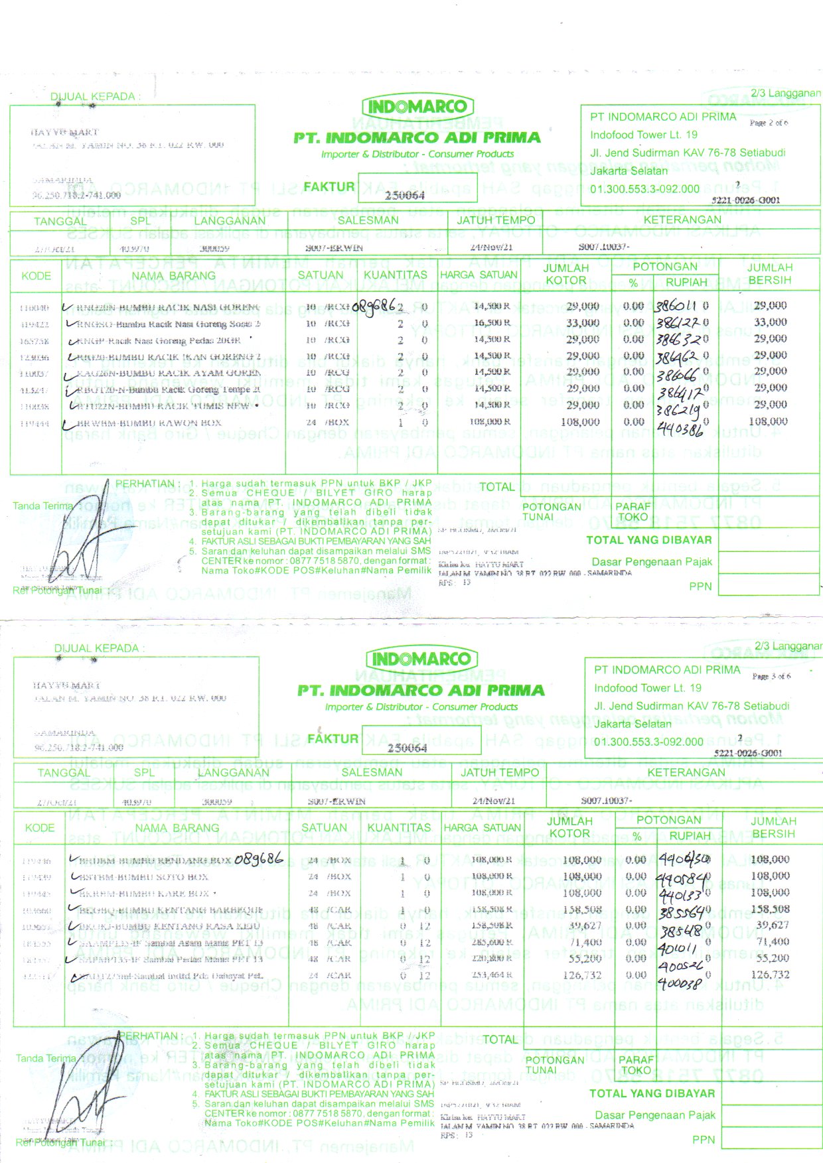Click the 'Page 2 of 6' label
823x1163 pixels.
[769, 123]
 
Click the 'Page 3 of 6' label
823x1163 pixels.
[771, 676]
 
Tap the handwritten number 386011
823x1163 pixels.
[676, 307]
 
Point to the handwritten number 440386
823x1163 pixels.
[680, 430]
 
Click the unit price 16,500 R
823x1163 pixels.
[492, 323]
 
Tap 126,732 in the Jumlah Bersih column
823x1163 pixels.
[769, 975]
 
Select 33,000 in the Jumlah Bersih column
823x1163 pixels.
[770, 322]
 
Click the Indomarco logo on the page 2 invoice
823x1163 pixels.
[417, 106]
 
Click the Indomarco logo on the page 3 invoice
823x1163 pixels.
[421, 659]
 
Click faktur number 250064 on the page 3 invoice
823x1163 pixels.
[407, 748]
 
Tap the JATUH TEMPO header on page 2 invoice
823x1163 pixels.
[496, 220]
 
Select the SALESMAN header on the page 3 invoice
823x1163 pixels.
[372, 772]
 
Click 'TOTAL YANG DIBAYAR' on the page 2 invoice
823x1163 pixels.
[648, 540]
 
